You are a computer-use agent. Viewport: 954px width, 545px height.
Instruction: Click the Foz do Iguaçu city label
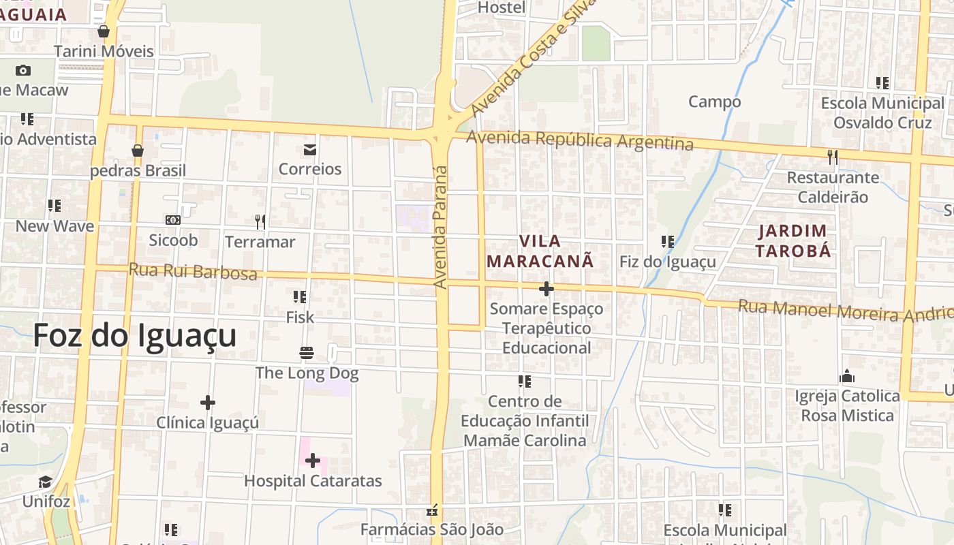pyautogui.click(x=135, y=336)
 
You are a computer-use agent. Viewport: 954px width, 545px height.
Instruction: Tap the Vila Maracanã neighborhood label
pyautogui.click(x=540, y=251)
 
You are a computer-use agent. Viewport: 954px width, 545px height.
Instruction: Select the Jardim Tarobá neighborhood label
pyautogui.click(x=793, y=241)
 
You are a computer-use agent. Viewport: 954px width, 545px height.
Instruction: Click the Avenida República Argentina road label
pyautogui.click(x=580, y=140)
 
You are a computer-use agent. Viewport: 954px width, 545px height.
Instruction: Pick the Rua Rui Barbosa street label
pyautogui.click(x=193, y=271)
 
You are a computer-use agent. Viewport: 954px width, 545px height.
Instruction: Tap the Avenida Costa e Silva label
pyautogui.click(x=532, y=58)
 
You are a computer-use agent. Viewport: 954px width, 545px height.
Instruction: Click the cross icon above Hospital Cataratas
pyautogui.click(x=313, y=461)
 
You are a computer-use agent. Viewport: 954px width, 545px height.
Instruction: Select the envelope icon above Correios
pyautogui.click(x=310, y=150)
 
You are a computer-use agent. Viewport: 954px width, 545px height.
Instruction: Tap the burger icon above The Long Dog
pyautogui.click(x=307, y=353)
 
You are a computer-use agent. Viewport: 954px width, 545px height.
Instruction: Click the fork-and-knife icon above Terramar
pyautogui.click(x=260, y=221)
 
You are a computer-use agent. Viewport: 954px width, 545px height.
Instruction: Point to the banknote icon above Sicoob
pyautogui.click(x=173, y=220)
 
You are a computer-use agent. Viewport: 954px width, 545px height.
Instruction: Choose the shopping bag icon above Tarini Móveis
pyautogui.click(x=104, y=31)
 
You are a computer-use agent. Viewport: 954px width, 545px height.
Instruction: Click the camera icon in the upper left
pyautogui.click(x=23, y=70)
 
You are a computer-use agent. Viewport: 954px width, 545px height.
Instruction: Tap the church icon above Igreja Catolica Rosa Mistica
pyautogui.click(x=847, y=376)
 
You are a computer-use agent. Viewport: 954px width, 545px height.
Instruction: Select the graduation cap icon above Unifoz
pyautogui.click(x=46, y=482)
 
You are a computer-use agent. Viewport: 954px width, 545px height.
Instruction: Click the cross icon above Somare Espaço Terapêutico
pyautogui.click(x=547, y=289)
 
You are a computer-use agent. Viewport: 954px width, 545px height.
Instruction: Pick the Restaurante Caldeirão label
pyautogui.click(x=833, y=187)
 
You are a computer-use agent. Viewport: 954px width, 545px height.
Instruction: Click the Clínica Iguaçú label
pyautogui.click(x=208, y=422)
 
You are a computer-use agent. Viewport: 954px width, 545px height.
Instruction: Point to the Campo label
pyautogui.click(x=714, y=102)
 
